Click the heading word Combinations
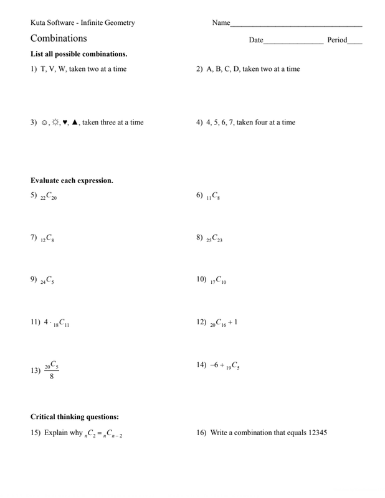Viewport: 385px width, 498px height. point(59,39)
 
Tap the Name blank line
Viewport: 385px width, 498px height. point(296,26)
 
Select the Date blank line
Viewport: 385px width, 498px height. point(293,43)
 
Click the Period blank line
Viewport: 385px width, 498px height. point(355,43)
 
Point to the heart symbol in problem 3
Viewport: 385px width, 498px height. point(65,122)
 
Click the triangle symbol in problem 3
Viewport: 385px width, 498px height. point(75,122)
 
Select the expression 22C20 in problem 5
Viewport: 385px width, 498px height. point(49,197)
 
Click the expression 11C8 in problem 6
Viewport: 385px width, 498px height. point(212,196)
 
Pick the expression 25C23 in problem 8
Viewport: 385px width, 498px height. point(214,238)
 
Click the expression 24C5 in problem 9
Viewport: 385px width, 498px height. point(47,281)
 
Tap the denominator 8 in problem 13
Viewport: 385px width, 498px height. point(52,375)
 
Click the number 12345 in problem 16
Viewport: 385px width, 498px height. point(313,433)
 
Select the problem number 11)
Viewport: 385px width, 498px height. point(36,322)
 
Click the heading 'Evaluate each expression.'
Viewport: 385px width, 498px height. point(72,181)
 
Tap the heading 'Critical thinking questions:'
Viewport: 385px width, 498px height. point(75,416)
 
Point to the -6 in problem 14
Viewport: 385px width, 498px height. point(215,365)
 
